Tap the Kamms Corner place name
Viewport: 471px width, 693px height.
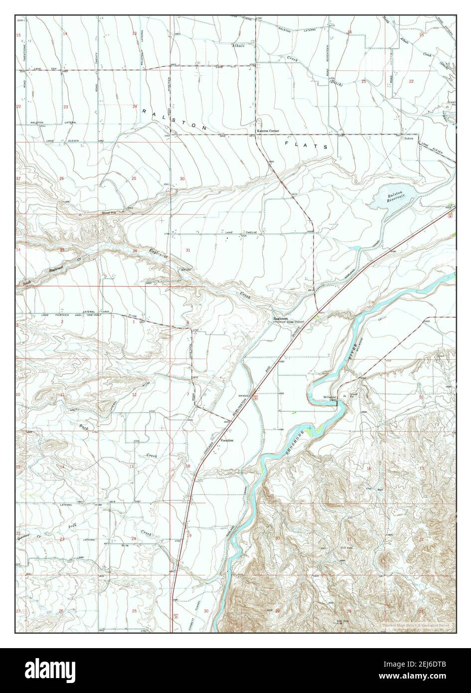pyautogui.click(x=268, y=131)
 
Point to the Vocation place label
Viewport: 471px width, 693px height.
pyautogui.click(x=227, y=441)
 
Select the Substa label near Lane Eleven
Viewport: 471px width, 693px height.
pyautogui.click(x=410, y=138)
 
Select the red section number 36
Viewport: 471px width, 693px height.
pyautogui.click(x=135, y=250)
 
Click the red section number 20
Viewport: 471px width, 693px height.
pyautogui.click(x=277, y=538)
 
